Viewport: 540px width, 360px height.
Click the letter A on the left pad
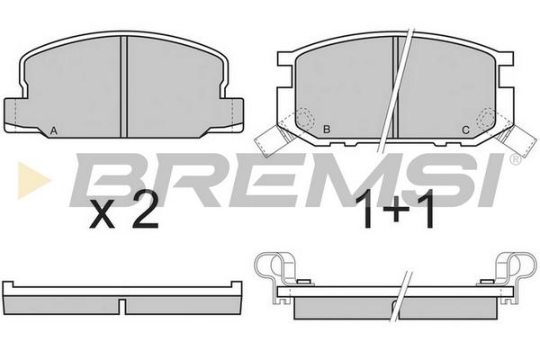click(x=53, y=130)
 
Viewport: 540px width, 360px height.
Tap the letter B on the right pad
click(x=327, y=130)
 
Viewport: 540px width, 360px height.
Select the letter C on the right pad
click(x=465, y=130)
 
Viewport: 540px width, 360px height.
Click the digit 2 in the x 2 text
click(x=145, y=210)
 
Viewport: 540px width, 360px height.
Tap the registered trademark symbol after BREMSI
click(x=516, y=159)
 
